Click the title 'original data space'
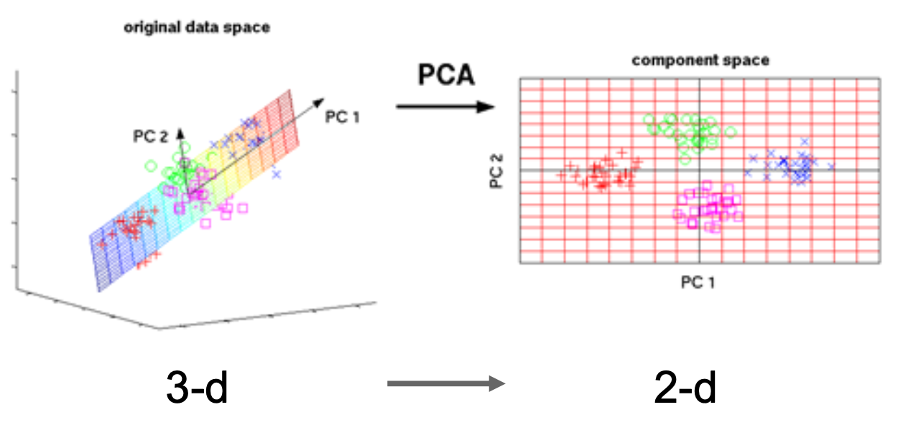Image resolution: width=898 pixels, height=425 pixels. click(x=196, y=28)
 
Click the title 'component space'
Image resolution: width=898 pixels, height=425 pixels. click(x=700, y=60)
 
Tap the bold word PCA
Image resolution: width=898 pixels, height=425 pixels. click(x=446, y=74)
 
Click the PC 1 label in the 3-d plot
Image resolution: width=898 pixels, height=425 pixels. click(x=342, y=116)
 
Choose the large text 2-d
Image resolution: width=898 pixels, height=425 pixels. click(x=685, y=387)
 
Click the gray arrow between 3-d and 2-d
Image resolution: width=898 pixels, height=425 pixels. click(x=446, y=384)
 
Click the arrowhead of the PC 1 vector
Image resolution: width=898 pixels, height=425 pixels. click(x=318, y=103)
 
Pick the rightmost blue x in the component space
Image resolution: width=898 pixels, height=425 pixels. click(x=831, y=167)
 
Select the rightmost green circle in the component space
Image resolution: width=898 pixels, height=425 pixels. click(x=731, y=131)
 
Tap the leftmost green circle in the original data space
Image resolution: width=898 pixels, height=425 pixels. click(x=151, y=166)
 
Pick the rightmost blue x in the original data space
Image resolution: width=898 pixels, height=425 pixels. click(x=277, y=174)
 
